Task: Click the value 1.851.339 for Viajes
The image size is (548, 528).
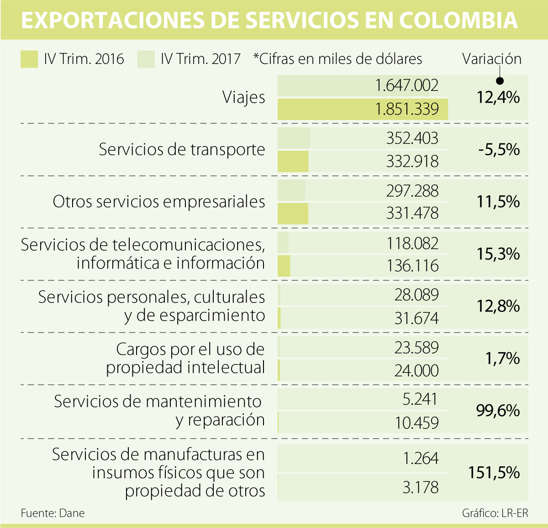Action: (x=406, y=109)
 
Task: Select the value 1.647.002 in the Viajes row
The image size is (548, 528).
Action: (x=406, y=85)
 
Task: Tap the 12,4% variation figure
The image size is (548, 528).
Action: (x=498, y=97)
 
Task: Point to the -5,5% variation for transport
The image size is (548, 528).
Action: (x=499, y=149)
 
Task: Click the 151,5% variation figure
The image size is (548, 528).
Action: (x=494, y=472)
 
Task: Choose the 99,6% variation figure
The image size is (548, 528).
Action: (x=498, y=411)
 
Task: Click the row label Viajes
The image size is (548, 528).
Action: (x=243, y=97)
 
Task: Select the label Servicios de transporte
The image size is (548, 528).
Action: (x=182, y=149)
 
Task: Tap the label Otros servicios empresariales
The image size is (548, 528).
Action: (x=159, y=201)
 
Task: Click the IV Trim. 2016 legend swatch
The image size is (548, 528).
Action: (x=29, y=59)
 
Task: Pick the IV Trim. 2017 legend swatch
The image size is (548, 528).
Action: (x=146, y=59)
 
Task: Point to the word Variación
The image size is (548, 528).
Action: (x=491, y=59)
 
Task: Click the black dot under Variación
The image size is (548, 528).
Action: (x=500, y=81)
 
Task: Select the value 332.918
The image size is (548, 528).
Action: (x=412, y=161)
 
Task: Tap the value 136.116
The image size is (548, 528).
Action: (x=412, y=265)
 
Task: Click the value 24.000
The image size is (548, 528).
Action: (x=416, y=370)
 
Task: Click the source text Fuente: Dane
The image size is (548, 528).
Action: (x=53, y=513)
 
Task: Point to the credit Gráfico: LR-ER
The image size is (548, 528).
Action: (x=495, y=513)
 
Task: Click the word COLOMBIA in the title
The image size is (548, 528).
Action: (x=458, y=21)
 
